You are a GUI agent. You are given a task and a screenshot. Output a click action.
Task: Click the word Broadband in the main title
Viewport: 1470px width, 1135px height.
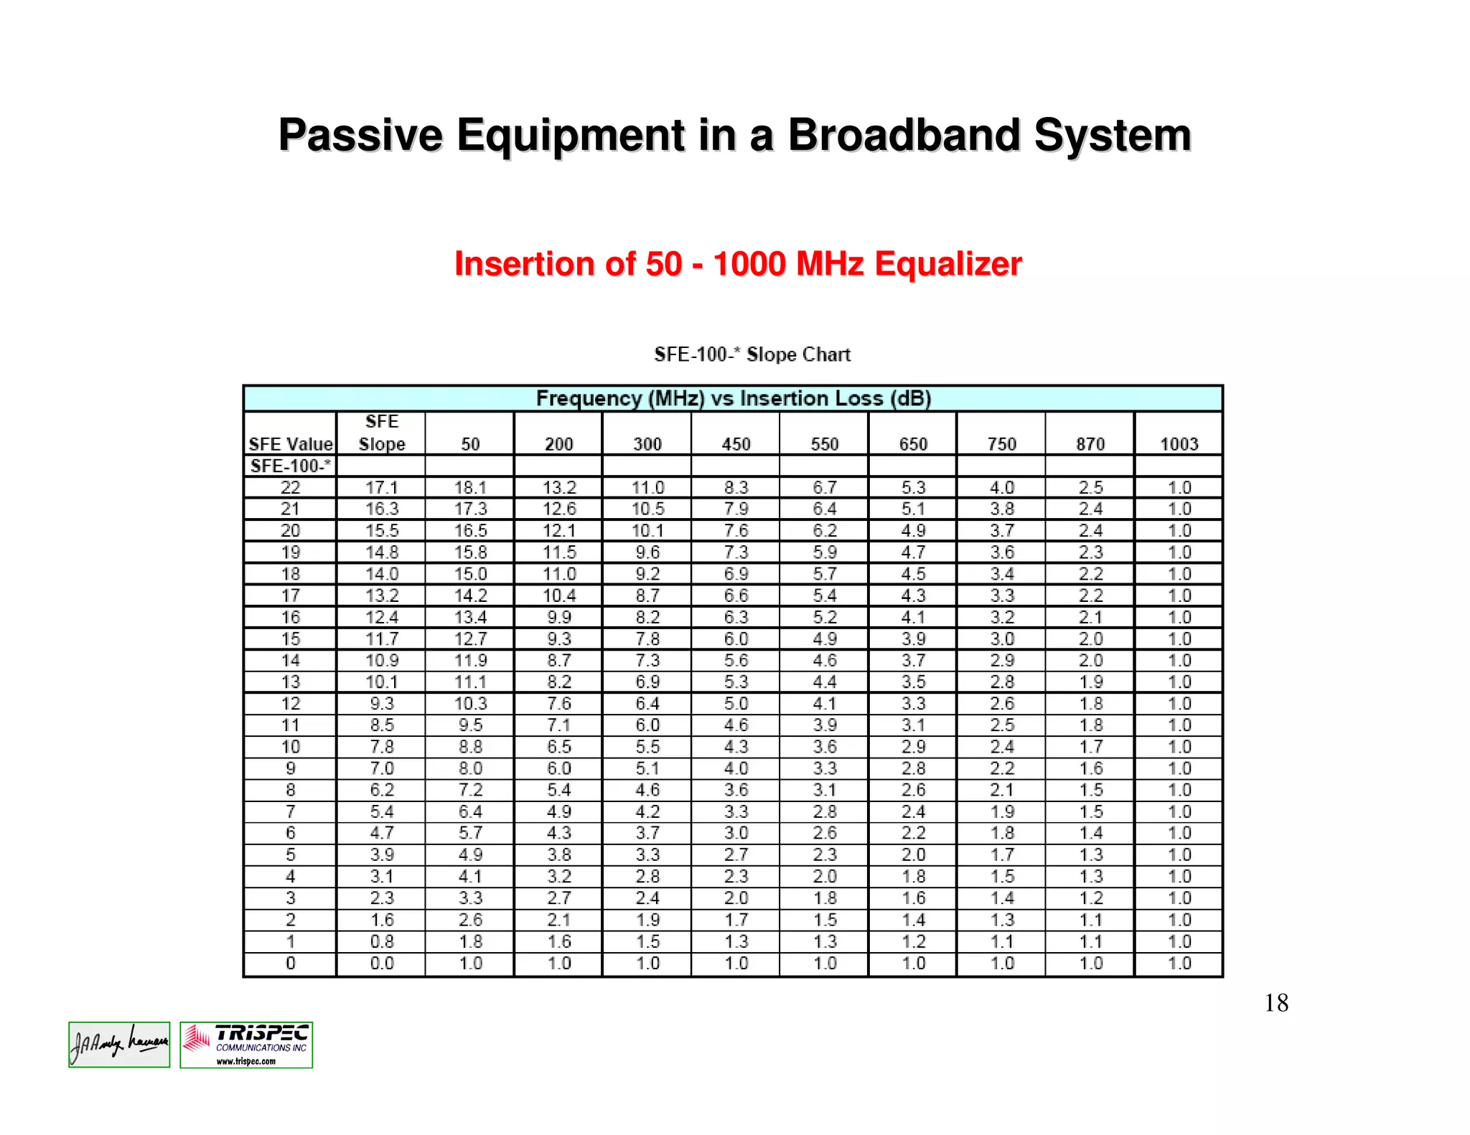(x=903, y=135)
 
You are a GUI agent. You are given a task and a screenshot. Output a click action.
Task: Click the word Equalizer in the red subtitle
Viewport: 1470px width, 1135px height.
(x=947, y=264)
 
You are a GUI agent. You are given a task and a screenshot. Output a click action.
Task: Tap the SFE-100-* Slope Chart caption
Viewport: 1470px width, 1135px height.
(x=752, y=354)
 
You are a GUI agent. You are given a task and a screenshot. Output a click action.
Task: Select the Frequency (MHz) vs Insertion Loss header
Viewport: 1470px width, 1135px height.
(x=733, y=398)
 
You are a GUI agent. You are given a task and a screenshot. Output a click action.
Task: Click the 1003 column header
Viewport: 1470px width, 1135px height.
(x=1179, y=444)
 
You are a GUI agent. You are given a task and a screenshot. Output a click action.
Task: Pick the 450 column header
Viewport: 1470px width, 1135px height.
(x=736, y=444)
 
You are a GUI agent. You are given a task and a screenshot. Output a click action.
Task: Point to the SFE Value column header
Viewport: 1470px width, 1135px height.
(x=290, y=444)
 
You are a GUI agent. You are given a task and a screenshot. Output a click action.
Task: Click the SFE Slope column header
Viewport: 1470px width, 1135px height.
(x=381, y=433)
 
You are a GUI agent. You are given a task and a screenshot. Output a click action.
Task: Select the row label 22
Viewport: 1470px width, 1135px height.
(x=290, y=488)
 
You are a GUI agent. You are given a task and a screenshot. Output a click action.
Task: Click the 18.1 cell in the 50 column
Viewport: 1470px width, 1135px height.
(x=470, y=488)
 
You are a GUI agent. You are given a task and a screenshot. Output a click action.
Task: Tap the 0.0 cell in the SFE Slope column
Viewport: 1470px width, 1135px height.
(x=381, y=963)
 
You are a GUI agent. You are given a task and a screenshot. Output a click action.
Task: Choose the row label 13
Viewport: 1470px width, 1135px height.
(x=290, y=682)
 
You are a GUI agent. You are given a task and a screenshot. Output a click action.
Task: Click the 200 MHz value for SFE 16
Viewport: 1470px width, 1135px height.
(x=558, y=617)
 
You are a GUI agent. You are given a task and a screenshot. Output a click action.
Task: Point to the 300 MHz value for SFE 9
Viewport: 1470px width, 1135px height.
(x=647, y=768)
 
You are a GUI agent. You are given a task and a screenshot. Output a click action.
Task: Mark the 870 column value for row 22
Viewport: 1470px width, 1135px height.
(x=1090, y=488)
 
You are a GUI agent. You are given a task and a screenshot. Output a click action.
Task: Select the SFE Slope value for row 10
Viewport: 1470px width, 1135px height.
(x=381, y=747)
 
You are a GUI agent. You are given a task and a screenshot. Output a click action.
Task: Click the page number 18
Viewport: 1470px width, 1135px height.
(x=1276, y=1003)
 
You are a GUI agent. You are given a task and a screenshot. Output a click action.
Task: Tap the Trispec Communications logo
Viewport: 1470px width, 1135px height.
(x=246, y=1045)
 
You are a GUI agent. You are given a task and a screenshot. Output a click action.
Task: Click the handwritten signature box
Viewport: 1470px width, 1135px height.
(x=119, y=1045)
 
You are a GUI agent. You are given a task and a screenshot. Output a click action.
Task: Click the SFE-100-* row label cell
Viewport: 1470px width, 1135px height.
(x=290, y=466)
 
